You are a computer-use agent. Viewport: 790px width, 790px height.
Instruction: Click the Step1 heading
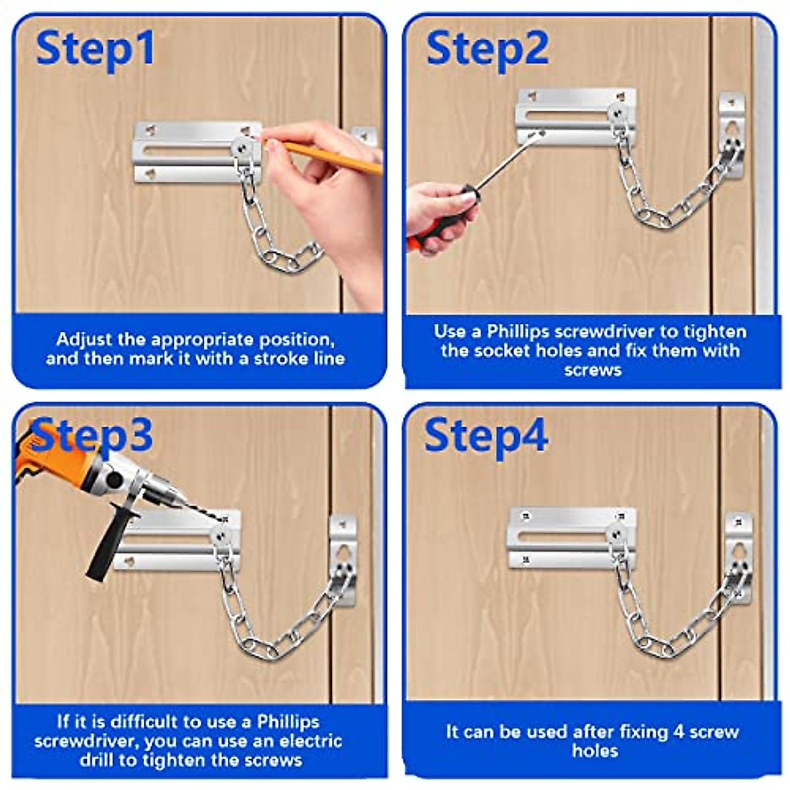pos(95,49)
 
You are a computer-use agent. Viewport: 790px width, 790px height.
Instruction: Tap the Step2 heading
pos(487,50)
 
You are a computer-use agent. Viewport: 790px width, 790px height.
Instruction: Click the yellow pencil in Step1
pos(324,155)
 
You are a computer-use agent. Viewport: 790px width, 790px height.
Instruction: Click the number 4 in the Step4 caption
pos(679,732)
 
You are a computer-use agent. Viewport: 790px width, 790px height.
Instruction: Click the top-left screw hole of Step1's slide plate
pos(151,130)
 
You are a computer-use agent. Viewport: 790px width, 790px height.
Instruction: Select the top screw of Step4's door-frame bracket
pos(739,522)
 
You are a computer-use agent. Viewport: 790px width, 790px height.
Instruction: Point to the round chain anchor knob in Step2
pos(618,112)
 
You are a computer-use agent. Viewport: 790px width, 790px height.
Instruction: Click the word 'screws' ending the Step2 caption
pos(592,370)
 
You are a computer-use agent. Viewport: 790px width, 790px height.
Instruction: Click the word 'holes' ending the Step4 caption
pos(595,751)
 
